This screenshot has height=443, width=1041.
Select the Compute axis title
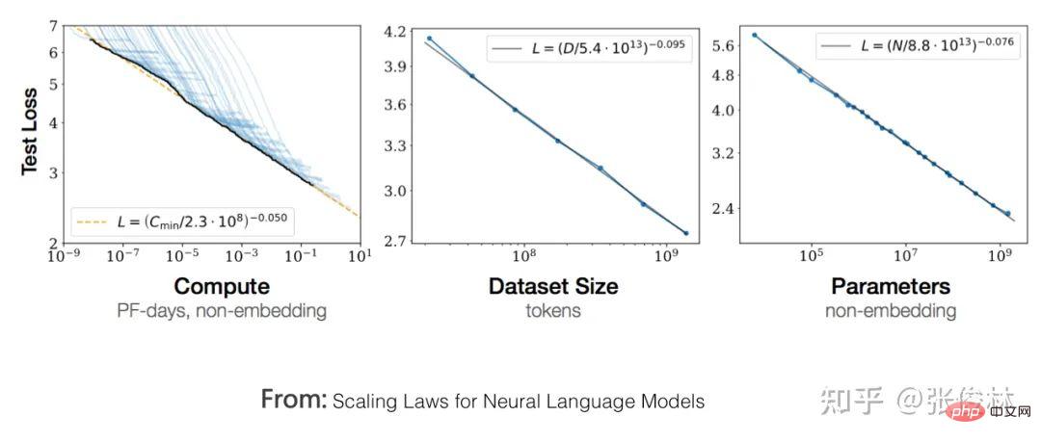point(221,287)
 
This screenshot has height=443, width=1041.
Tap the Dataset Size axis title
point(553,287)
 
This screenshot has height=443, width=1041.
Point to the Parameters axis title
point(891,287)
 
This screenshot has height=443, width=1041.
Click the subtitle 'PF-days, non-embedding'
point(221,311)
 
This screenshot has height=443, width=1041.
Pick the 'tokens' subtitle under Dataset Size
point(553,311)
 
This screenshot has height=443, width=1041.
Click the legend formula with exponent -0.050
point(184,222)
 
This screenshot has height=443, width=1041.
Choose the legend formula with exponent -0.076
point(918,45)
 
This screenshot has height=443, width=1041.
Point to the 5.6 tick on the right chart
point(722,45)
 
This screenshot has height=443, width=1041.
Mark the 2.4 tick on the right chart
point(722,208)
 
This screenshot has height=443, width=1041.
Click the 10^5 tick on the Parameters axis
point(812,256)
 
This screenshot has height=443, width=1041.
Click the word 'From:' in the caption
point(294,400)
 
